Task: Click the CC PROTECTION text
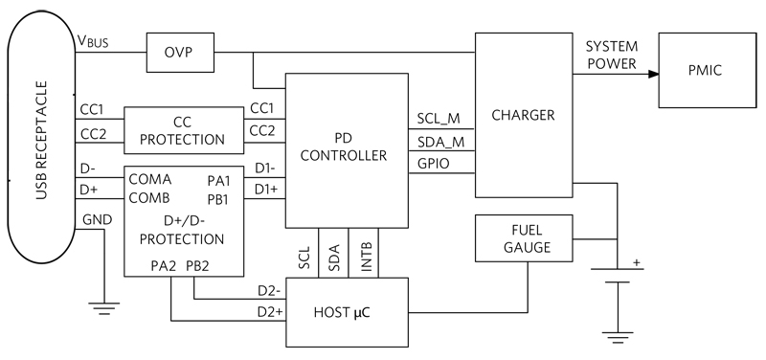point(182,131)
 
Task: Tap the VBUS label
point(95,43)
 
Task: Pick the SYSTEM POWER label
point(612,54)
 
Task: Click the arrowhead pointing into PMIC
point(653,73)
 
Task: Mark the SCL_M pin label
point(439,119)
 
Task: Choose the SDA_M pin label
point(439,142)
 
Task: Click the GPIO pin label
point(433,164)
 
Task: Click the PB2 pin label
point(198,265)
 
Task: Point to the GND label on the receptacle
point(98,219)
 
